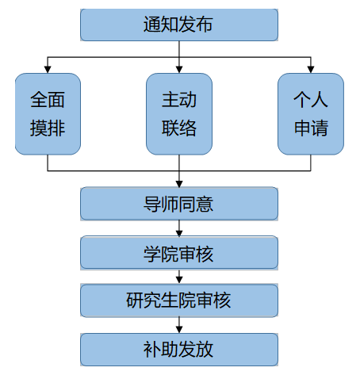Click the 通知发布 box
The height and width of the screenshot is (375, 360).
click(x=179, y=25)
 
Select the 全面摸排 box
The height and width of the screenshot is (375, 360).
click(x=48, y=114)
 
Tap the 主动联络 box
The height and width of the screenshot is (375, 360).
click(x=179, y=114)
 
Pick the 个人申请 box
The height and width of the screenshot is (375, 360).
click(x=311, y=114)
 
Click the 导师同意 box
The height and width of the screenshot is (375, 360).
click(x=179, y=204)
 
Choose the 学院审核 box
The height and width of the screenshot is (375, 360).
click(x=179, y=253)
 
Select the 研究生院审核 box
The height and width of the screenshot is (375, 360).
click(x=179, y=300)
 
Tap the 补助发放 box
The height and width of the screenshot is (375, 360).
click(x=179, y=350)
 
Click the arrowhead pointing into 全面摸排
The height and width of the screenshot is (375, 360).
click(x=48, y=69)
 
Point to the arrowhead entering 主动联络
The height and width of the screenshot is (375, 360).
click(x=179, y=69)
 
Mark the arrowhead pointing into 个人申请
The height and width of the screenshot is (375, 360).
click(x=311, y=69)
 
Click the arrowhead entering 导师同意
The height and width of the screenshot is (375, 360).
click(x=179, y=184)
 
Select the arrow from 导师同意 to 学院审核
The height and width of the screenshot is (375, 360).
click(x=179, y=228)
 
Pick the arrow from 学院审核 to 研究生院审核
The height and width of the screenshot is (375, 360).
click(x=179, y=277)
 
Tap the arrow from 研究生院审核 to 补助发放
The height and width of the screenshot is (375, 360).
click(x=179, y=325)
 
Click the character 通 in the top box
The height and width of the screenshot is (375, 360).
click(x=152, y=25)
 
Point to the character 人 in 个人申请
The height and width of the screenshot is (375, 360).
click(x=320, y=100)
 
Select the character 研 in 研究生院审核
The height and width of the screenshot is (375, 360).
click(x=135, y=300)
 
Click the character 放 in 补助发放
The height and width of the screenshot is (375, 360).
click(x=205, y=350)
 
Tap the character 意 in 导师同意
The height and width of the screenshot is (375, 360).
click(x=205, y=204)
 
